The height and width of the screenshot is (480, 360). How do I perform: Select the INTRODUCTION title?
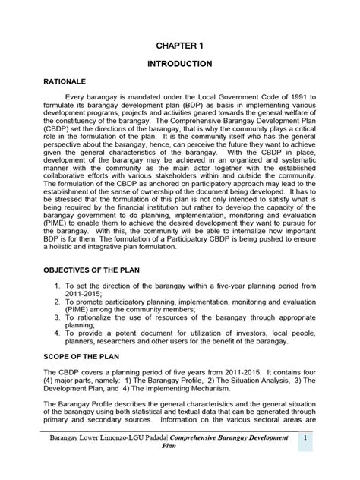tap(179, 64)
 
